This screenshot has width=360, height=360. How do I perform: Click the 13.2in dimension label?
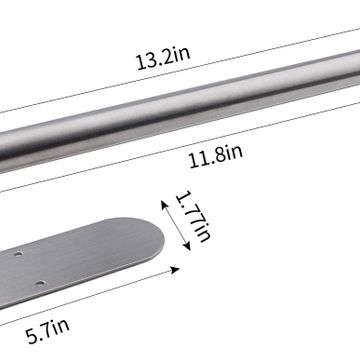coord(163,58)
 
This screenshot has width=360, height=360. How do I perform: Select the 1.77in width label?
coord(193,216)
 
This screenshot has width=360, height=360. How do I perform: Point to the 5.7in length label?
coord(48,331)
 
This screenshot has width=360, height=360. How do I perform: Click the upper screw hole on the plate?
coord(18,254)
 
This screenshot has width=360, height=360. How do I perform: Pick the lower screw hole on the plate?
coord(40,284)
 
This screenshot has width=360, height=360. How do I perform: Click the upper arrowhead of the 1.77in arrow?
coord(165,204)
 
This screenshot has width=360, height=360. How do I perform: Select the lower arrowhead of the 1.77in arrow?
coord(187,246)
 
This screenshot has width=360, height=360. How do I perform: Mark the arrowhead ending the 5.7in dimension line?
coord(175,270)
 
